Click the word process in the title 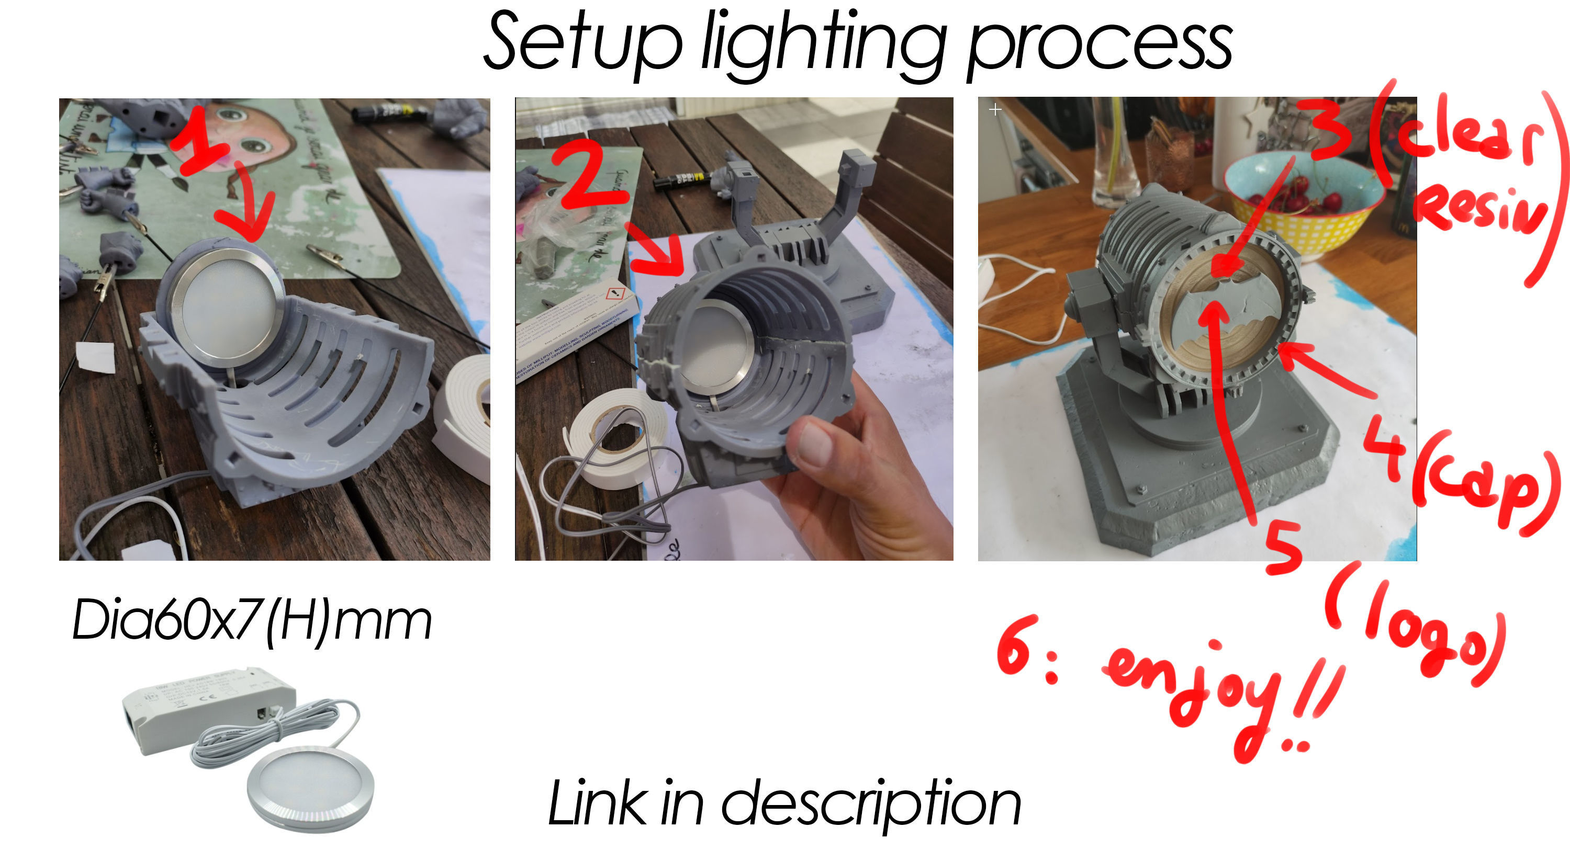coord(1100,46)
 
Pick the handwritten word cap coord(1487,488)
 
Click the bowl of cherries coord(1304,201)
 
